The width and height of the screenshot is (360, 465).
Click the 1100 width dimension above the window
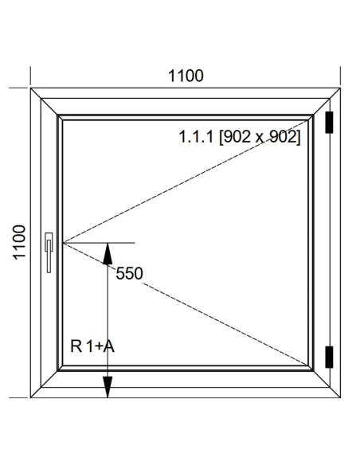pos(186,76)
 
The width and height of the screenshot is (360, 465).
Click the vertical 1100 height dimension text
pos(19,243)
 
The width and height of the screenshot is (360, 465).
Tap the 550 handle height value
pos(129,273)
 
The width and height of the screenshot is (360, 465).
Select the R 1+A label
pos(92,346)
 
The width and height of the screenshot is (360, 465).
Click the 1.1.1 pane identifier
pos(196,137)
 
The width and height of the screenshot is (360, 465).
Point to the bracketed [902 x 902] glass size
pos(260,137)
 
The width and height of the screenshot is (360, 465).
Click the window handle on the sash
pos(49,252)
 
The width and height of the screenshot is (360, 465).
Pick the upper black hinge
pos(329,122)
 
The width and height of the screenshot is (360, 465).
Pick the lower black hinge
pos(329,357)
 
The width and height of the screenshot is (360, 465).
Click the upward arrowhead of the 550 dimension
pos(108,253)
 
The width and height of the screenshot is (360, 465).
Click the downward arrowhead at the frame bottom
pos(108,387)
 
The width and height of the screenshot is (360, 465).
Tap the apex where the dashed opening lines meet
pos(63,243)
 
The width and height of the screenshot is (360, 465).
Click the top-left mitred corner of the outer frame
pos(30,88)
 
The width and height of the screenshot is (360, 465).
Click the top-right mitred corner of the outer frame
pos(340,88)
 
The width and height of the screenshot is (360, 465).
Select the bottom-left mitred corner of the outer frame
pos(30,397)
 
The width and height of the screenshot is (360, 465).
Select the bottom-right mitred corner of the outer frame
pos(340,397)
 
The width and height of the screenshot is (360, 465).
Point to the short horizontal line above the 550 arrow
pos(99,243)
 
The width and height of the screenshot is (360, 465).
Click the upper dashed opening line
pos(186,182)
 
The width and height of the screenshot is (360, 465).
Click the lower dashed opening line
pos(186,303)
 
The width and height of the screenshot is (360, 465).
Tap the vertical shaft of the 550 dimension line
pos(108,320)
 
